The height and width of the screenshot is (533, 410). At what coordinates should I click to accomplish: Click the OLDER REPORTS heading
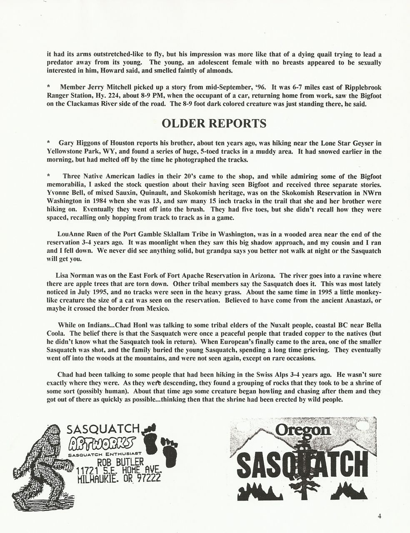tap(214, 124)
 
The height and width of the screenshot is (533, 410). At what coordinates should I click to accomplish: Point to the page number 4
tap(380, 516)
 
